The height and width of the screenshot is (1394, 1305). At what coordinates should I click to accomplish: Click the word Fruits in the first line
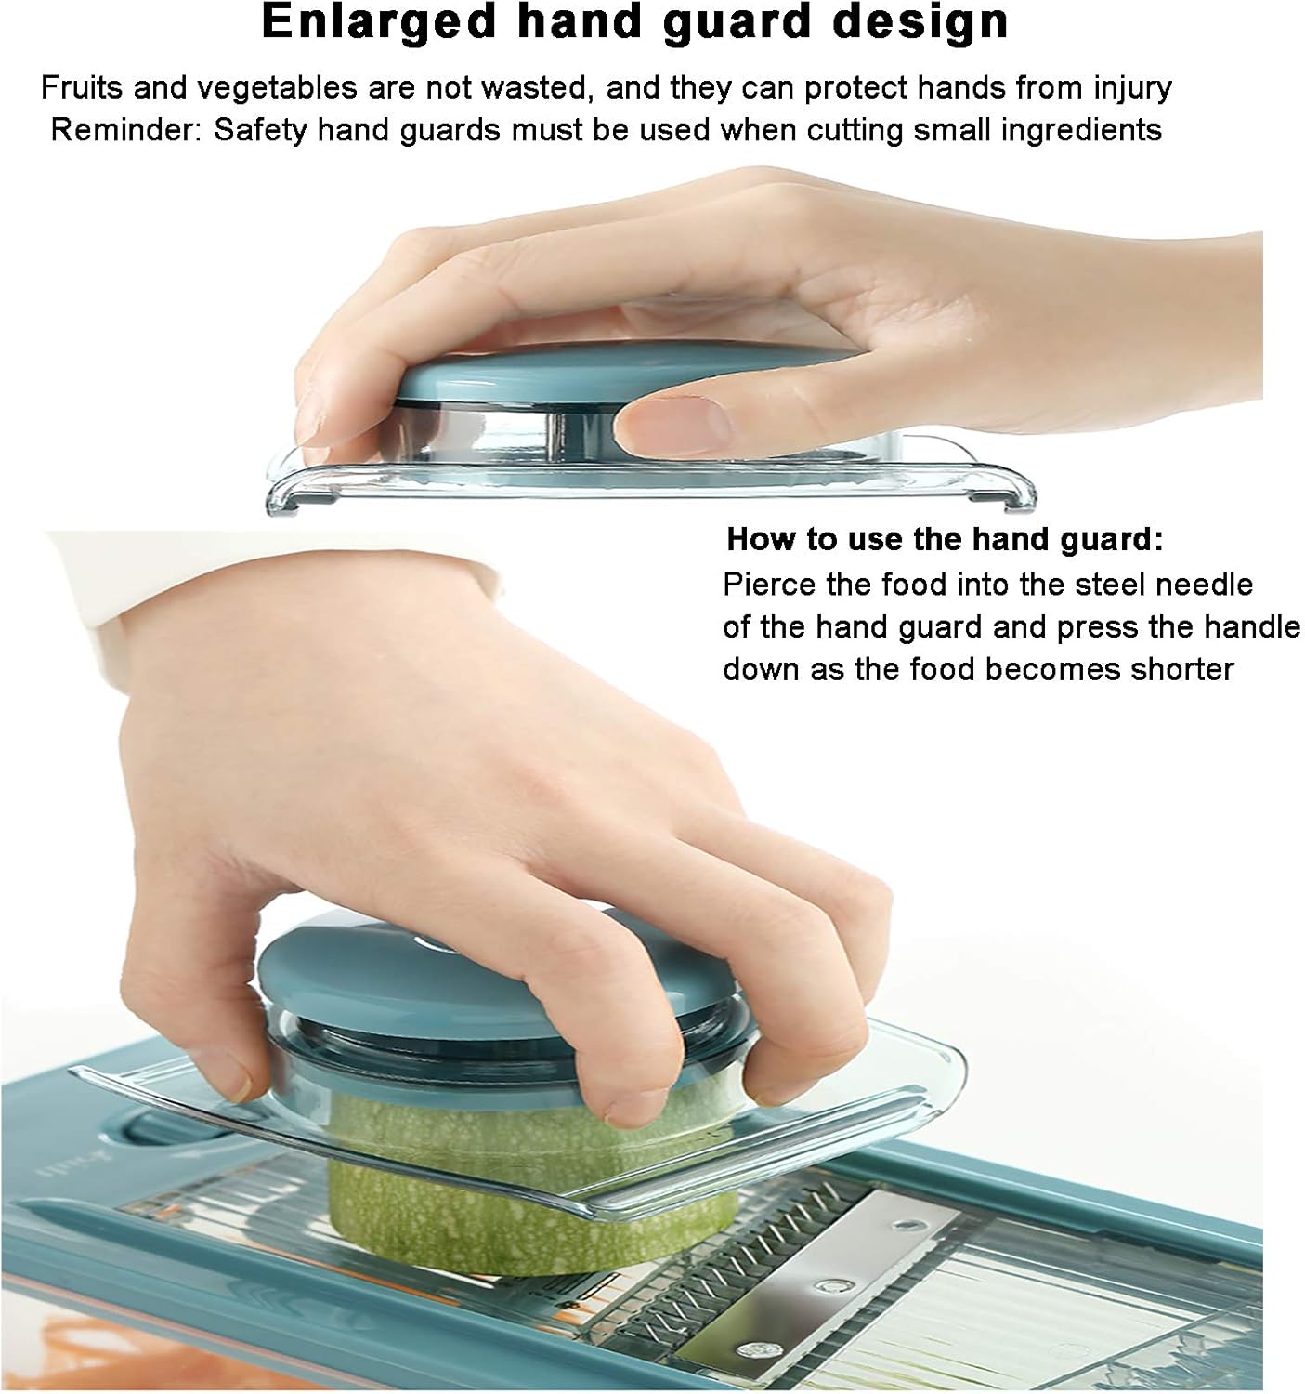pyautogui.click(x=81, y=87)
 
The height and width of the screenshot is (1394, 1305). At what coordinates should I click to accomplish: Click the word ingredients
pyautogui.click(x=1080, y=129)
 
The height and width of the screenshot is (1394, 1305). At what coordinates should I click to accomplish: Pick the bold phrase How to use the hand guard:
pyautogui.click(x=944, y=539)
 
